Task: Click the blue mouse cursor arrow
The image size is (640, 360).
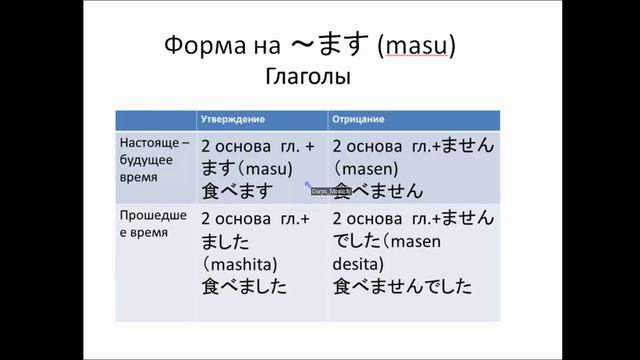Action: point(308,184)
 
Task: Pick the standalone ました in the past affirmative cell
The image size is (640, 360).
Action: point(224,241)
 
